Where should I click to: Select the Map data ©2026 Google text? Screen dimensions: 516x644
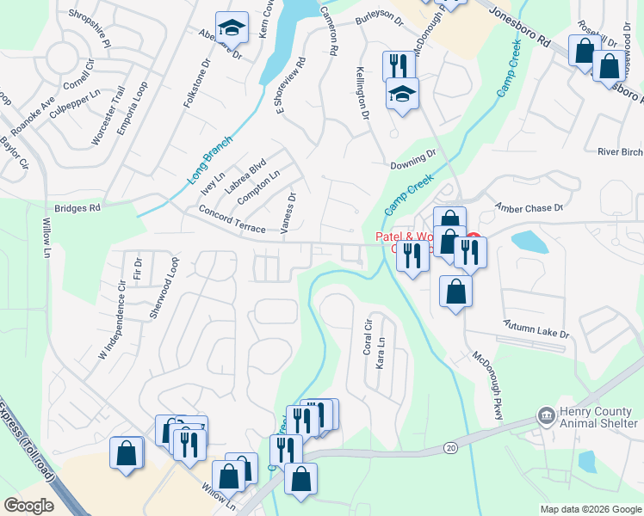click(x=591, y=509)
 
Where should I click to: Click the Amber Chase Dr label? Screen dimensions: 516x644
click(x=528, y=207)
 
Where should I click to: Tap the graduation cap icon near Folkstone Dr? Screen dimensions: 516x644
click(x=231, y=28)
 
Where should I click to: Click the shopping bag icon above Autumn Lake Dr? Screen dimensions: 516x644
click(x=455, y=292)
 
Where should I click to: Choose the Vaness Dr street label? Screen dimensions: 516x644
click(x=288, y=212)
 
